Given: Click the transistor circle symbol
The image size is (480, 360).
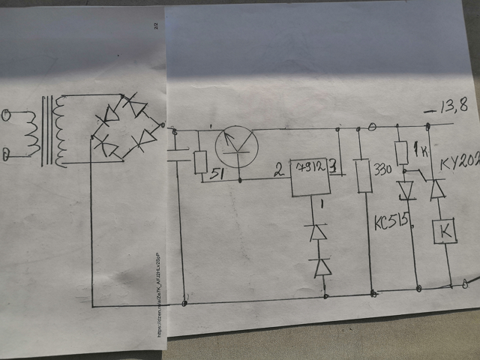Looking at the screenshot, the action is tap(237, 143).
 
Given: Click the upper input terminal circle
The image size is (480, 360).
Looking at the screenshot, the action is tap(8, 115).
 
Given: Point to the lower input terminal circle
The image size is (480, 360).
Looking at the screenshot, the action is tap(7, 154).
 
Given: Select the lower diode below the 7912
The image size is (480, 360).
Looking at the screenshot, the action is tap(323, 266).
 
